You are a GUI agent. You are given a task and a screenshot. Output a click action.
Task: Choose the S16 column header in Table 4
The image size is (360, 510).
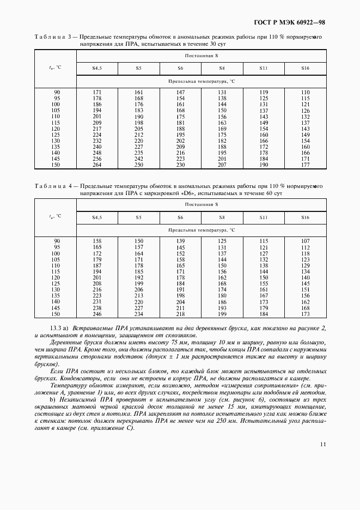tap(305, 217)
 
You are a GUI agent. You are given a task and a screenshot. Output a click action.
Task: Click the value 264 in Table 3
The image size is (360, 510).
tap(97, 165)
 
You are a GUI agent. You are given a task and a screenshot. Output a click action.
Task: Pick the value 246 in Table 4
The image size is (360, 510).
tap(97, 314)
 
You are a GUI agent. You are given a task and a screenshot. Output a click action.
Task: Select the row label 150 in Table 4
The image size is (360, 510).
tap(56, 314)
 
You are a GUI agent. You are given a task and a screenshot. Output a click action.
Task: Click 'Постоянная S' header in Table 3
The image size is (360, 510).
tap(202, 56)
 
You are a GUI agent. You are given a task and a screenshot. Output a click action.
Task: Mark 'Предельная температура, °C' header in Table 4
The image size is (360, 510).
tap(202, 230)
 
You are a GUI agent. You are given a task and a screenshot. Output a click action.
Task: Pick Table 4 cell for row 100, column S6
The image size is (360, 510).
tap(180, 253)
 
